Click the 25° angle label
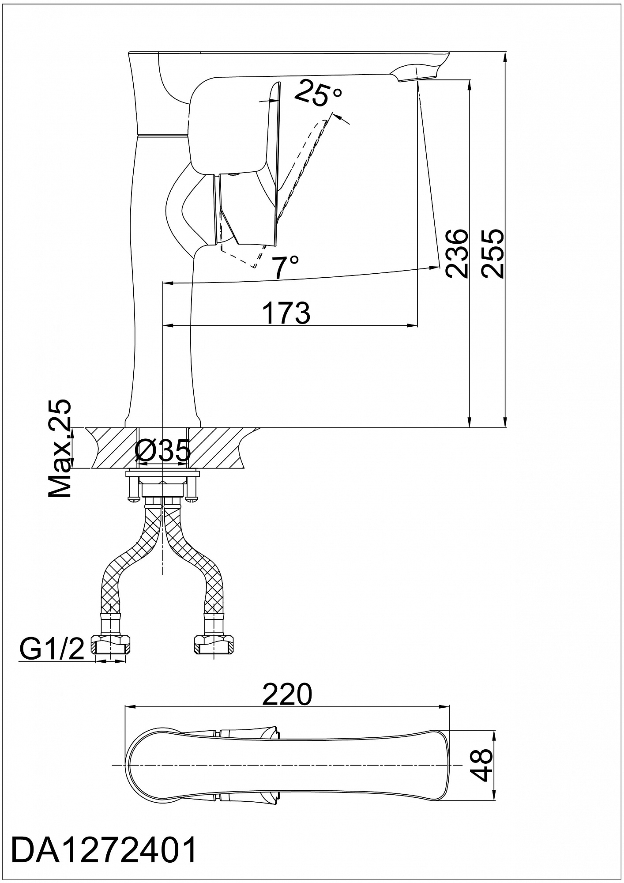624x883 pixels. click(318, 93)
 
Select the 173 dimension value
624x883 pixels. click(286, 313)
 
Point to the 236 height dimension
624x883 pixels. click(456, 253)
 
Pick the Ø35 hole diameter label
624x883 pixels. click(163, 451)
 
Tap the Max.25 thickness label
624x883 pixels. click(59, 449)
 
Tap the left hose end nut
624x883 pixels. click(110, 645)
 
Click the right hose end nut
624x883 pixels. click(214, 645)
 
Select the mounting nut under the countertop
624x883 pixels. click(163, 489)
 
